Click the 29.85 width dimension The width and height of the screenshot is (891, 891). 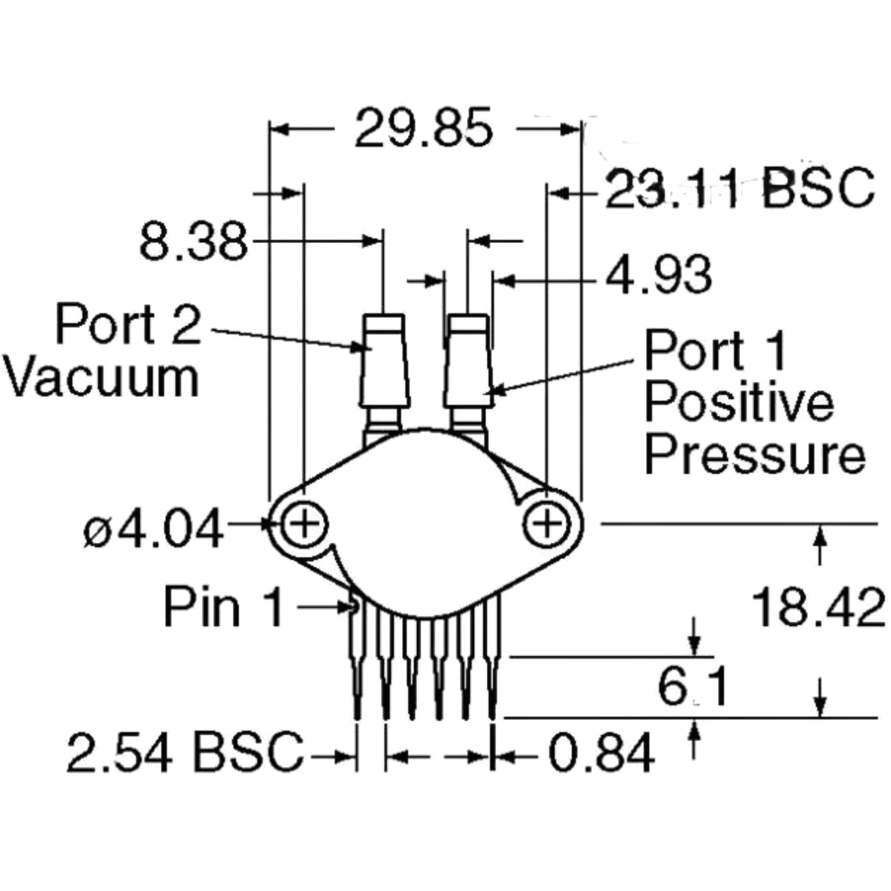pyautogui.click(x=424, y=128)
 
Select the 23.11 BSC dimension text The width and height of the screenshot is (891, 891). pyautogui.click(x=739, y=189)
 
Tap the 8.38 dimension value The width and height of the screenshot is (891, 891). pyautogui.click(x=193, y=241)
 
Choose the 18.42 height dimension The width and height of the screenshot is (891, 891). pyautogui.click(x=818, y=607)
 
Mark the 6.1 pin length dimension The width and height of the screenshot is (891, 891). pyautogui.click(x=692, y=687)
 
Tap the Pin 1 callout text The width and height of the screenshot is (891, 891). pyautogui.click(x=223, y=606)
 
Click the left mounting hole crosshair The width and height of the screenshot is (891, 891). pyautogui.click(x=304, y=524)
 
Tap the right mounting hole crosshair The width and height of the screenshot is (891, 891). pyautogui.click(x=546, y=524)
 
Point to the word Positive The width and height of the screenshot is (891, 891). pyautogui.click(x=739, y=403)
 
